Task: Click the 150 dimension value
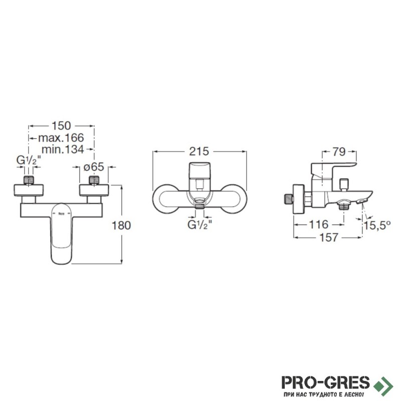click(x=61, y=126)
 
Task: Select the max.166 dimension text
click(x=61, y=138)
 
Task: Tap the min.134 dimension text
click(x=63, y=149)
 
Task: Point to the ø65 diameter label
click(x=94, y=167)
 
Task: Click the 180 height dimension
click(x=121, y=226)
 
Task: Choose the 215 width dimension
click(x=199, y=151)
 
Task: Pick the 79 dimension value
click(x=339, y=152)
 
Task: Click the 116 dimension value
click(x=319, y=225)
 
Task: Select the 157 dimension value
click(x=329, y=238)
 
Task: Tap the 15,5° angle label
click(x=377, y=226)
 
